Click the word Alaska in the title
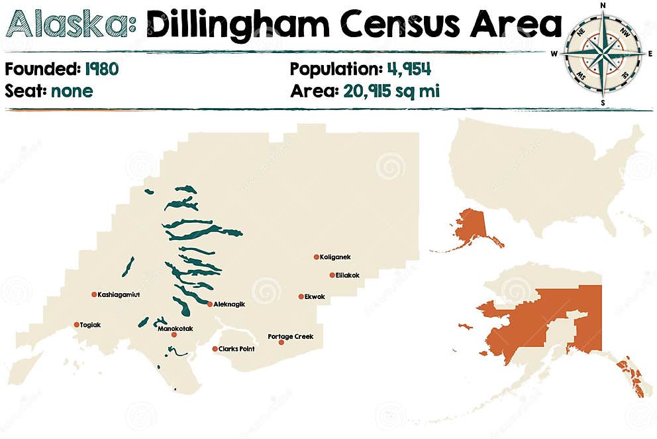68,25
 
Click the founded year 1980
102,69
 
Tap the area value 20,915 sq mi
391,91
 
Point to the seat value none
70,91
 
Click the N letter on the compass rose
603,6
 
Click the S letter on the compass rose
603,103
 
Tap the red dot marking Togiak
77,325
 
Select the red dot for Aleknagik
210,304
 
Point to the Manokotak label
175,328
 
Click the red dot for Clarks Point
215,349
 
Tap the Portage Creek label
290,336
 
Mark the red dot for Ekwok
301,297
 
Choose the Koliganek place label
335,257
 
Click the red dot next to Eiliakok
332,275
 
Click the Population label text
333,69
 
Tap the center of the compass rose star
603,54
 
